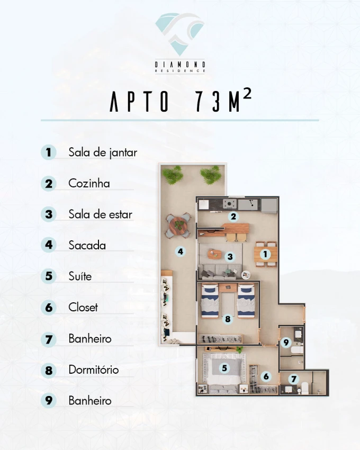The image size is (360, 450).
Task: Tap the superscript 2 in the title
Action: tap(247, 94)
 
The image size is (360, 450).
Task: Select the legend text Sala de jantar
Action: tap(103, 152)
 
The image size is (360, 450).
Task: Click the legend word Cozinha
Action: tap(89, 183)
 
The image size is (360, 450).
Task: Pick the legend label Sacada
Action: tap(87, 245)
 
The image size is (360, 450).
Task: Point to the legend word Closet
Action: tap(83, 308)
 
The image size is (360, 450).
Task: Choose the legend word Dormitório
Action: tap(94, 370)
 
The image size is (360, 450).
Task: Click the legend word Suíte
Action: tap(80, 276)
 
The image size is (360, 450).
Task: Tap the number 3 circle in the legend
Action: tap(49, 214)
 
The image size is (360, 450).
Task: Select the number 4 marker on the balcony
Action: tap(181, 251)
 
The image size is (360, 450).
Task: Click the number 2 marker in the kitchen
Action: tap(233, 217)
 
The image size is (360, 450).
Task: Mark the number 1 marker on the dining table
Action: tap(265, 254)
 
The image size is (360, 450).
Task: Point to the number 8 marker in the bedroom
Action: tap(228, 319)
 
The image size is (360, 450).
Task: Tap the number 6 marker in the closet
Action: tap(266, 376)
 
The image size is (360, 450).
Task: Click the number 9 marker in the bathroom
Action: tap(286, 343)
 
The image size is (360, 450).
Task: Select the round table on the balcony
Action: tap(178, 226)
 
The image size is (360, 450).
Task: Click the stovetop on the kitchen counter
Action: tap(230, 204)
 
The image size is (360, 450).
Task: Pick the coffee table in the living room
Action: tap(215, 254)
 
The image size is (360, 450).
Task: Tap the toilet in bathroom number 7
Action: tap(304, 388)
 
